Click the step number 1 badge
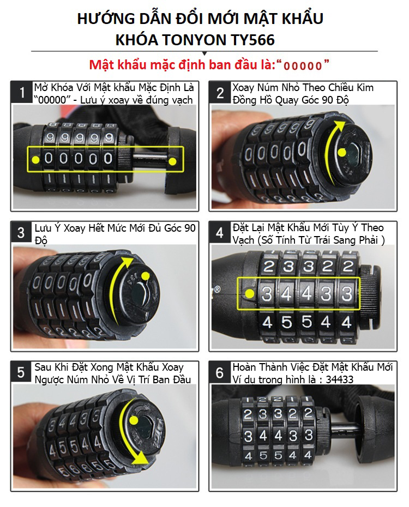point(22,92)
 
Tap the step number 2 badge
point(220,93)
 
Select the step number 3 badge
point(21,232)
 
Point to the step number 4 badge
point(220,232)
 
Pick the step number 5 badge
point(21,372)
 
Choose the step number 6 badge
point(220,372)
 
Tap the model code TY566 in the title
point(252,40)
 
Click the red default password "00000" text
point(303,65)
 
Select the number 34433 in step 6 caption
point(340,379)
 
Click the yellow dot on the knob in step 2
point(342,153)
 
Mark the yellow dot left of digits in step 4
point(250,294)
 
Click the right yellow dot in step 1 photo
point(173,161)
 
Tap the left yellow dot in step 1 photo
point(36,160)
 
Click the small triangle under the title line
point(204,53)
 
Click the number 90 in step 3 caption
point(190,228)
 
